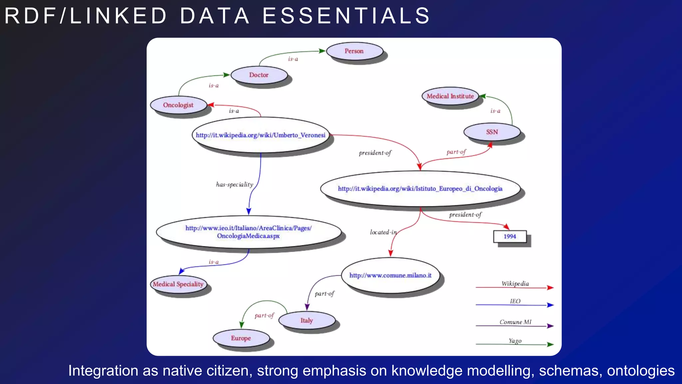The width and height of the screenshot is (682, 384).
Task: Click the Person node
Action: tap(354, 51)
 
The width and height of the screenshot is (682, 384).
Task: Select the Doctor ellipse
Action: tap(259, 75)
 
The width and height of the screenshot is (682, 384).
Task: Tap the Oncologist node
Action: tap(178, 105)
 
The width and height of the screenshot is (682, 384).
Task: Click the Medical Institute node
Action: tap(450, 96)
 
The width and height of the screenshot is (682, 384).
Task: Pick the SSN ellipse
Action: tap(492, 132)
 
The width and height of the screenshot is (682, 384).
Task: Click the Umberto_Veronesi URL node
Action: tap(260, 135)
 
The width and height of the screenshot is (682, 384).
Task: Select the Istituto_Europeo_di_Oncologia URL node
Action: tap(420, 189)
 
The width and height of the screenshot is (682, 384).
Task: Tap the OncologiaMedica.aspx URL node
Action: tap(248, 232)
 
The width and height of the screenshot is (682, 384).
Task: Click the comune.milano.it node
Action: tap(390, 275)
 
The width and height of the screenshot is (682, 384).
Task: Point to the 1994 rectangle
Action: tap(510, 236)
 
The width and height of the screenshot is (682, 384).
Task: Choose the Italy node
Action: tap(307, 320)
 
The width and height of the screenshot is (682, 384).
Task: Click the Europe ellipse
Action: tap(241, 338)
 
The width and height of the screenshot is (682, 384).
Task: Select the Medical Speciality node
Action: tap(178, 284)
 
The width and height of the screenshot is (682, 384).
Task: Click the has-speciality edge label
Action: tap(234, 184)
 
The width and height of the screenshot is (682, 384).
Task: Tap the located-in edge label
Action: tap(383, 232)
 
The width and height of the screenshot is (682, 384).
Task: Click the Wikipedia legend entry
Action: tap(515, 284)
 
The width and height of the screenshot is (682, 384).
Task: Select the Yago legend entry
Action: tap(515, 341)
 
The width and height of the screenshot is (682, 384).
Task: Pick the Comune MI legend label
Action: tap(515, 322)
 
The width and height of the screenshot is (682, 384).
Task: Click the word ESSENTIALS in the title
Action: tap(346, 16)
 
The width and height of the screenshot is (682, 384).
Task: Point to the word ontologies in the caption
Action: tap(640, 371)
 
